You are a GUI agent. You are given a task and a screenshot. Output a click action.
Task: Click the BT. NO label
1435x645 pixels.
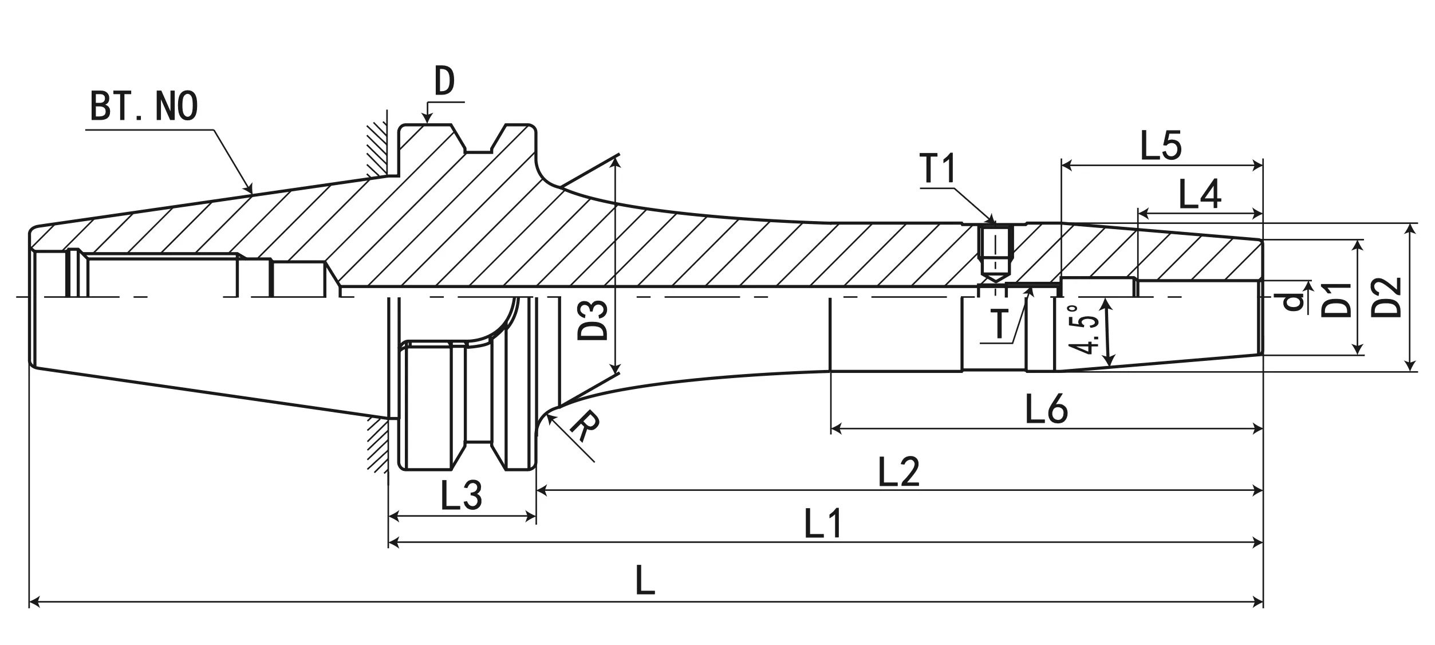coord(144,106)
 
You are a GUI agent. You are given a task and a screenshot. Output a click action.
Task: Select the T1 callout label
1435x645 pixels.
coord(938,168)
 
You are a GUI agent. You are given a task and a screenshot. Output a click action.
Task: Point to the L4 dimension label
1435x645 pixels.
coord(1200,194)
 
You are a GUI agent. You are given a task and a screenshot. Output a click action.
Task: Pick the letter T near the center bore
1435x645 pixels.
coord(999,323)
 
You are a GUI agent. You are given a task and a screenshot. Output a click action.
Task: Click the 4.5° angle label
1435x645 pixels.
coord(1083,330)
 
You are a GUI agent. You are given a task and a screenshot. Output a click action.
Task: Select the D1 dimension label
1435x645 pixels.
coord(1336,300)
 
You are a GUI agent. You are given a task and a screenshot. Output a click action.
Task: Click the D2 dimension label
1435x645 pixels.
coord(1386,297)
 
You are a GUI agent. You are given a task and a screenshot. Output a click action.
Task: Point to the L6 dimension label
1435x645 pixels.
coord(1046,409)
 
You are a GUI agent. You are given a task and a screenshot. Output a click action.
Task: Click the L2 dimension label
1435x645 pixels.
coord(898,472)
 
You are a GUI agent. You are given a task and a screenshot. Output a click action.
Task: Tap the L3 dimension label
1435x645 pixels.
coord(461,495)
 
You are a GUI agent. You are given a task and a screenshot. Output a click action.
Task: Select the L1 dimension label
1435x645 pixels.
coord(823,524)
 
